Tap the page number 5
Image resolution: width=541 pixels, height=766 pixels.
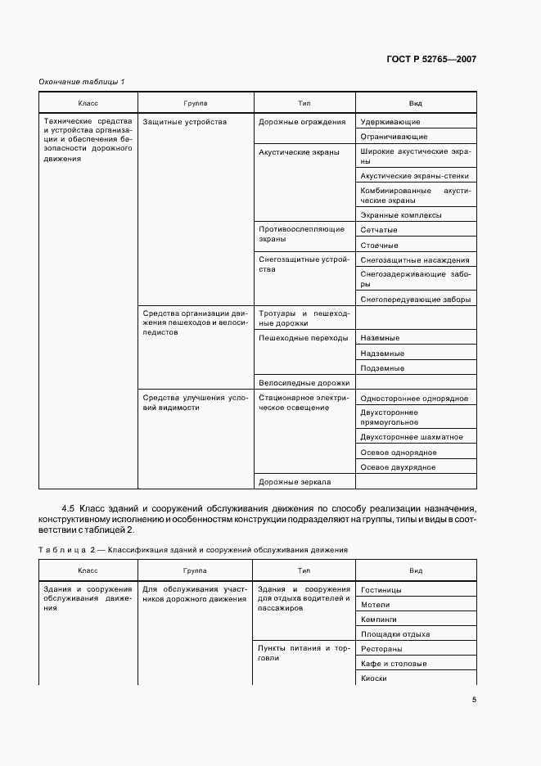474,699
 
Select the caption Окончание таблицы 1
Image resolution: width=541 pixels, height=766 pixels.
82,82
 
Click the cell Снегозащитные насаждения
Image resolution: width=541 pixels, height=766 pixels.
415,259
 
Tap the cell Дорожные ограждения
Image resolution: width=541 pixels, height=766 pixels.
301,122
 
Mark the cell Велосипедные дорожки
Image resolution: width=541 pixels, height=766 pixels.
304,382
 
